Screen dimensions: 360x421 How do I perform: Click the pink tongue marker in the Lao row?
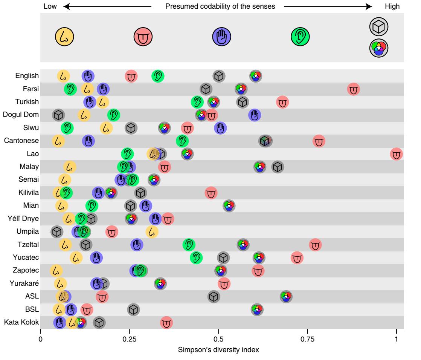396,154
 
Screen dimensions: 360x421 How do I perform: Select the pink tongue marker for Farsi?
353,89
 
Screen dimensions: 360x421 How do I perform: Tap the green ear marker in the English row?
158,76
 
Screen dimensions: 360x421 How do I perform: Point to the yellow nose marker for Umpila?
152,231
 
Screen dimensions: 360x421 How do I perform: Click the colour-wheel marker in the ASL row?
286,297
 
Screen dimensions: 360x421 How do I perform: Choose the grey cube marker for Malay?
278,167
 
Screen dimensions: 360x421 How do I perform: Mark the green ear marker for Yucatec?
196,258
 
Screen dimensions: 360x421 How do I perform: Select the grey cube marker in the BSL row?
133,310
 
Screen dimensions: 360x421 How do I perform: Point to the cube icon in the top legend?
379,26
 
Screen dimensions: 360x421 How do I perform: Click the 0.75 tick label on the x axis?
307,339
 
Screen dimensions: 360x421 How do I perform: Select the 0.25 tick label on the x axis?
129,339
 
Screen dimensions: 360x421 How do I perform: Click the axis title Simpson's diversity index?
218,349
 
